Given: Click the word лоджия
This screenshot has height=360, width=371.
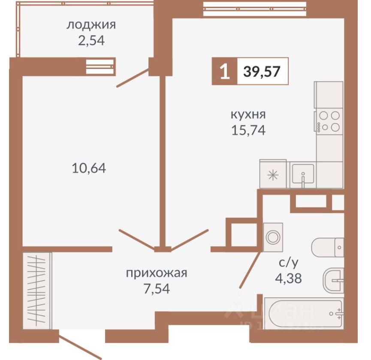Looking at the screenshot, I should click(x=90, y=24).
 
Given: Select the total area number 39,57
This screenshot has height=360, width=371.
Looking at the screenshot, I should click(x=262, y=72).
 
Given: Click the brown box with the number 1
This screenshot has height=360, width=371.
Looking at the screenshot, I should click(x=223, y=72).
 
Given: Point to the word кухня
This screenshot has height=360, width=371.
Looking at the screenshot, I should click(x=248, y=114).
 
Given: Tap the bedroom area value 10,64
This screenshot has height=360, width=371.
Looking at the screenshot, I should click(x=88, y=168).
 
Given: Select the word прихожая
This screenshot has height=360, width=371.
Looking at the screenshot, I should click(x=157, y=273).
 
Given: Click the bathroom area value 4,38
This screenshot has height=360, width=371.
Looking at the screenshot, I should click(x=289, y=279).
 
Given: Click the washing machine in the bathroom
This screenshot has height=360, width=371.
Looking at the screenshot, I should click(x=273, y=237).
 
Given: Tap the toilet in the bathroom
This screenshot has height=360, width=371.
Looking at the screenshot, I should click(x=328, y=247).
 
